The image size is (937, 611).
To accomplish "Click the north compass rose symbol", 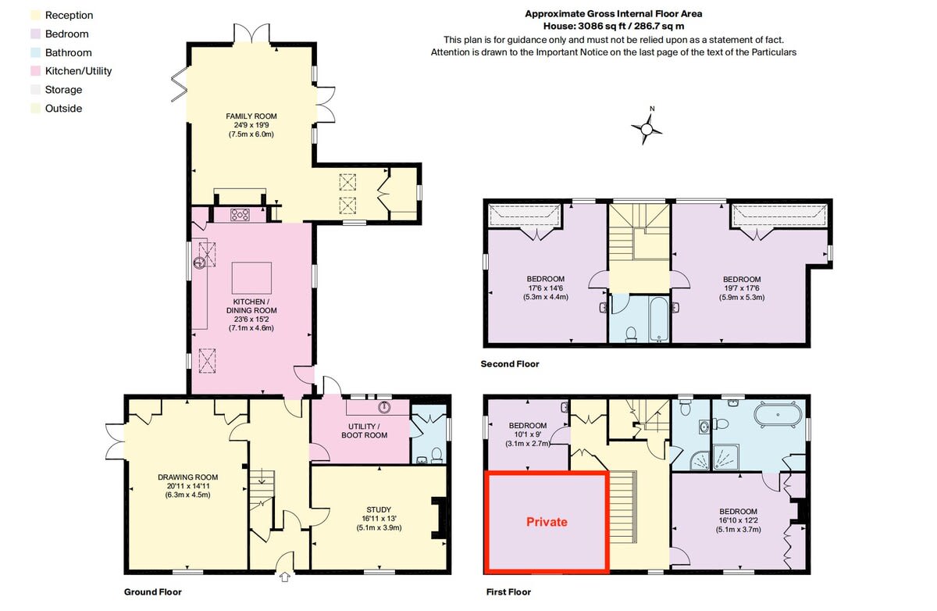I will (647, 128).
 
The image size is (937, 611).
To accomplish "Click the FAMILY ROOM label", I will (251, 116).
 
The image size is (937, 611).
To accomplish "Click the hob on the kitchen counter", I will (240, 215).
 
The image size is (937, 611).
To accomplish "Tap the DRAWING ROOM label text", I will (187, 477).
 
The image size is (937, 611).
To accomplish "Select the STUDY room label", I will (379, 509).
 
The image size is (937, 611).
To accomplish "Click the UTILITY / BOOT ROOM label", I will (364, 431).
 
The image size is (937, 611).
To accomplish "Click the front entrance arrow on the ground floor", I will (284, 577).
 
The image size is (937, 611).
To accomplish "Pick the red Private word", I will (547, 522).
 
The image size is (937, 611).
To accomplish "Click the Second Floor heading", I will (511, 364).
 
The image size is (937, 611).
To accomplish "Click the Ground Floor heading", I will (153, 591).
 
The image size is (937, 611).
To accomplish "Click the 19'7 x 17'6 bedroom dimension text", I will (741, 288).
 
